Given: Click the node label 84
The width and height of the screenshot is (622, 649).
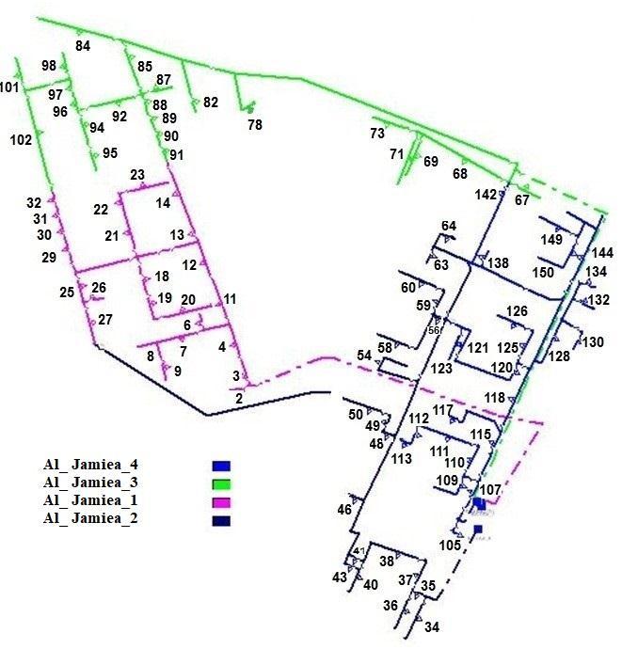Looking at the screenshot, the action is pos(83,46).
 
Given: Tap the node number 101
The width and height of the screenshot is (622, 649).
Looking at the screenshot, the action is pos(9,88).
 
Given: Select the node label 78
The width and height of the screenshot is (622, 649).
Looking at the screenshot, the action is pos(255,124).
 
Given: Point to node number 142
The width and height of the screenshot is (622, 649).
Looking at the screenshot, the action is pos(486,195).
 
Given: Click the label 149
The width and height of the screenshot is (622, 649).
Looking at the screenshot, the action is pos(551,239).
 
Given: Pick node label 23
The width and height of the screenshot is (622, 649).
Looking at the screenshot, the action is pos(137,175).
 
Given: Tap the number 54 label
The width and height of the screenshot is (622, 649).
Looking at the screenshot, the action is pos(364,355).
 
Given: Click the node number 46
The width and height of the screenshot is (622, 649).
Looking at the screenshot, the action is pos(344,509).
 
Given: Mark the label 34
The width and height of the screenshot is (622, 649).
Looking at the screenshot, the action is pos(432,626).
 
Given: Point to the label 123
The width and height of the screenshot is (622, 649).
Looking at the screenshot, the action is pos(442,370).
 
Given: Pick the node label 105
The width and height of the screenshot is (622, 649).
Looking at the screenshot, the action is pos(450,546).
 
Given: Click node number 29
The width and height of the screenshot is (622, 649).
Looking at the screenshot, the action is pos(49,257).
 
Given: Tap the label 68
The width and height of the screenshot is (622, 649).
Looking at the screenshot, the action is pos(460,174).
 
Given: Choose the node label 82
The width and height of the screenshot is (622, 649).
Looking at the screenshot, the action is pos(211,102).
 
